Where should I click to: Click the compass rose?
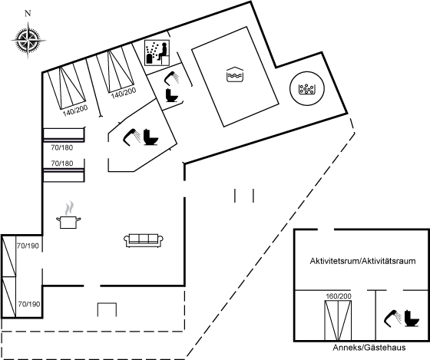click(28, 41)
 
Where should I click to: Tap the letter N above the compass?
click(28, 13)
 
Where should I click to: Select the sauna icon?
click(157, 53)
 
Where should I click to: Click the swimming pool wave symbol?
click(235, 74)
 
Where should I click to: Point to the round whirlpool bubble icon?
click(307, 88)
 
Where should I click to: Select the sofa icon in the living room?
click(144, 240)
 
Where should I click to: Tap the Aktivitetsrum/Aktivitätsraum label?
click(362, 261)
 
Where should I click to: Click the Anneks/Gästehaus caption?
click(369, 348)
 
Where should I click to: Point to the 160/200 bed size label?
click(339, 296)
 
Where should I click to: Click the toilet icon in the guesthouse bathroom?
click(412, 319)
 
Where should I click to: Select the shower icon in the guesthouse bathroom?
click(392, 319)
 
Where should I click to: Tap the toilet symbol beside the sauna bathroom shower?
click(173, 95)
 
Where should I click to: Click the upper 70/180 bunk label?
click(62, 148)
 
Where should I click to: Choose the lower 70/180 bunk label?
click(62, 163)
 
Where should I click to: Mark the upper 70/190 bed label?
click(28, 246)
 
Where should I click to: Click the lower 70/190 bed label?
click(29, 304)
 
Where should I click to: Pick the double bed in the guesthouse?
click(338, 321)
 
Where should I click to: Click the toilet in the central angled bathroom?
click(150, 137)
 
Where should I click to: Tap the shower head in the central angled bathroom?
click(132, 137)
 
